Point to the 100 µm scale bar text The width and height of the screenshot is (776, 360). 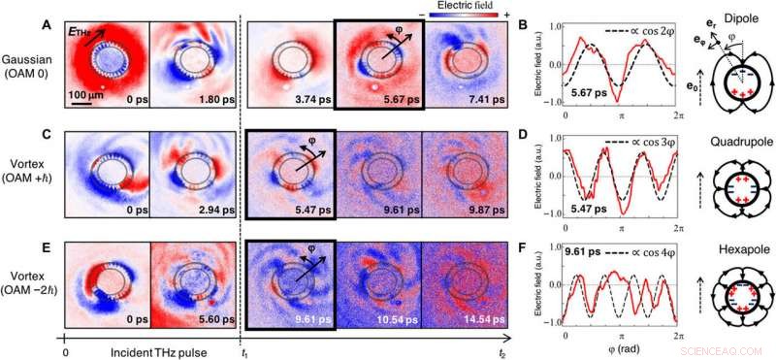pyautogui.click(x=85, y=93)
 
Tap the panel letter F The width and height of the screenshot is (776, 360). pyautogui.click(x=552, y=241)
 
